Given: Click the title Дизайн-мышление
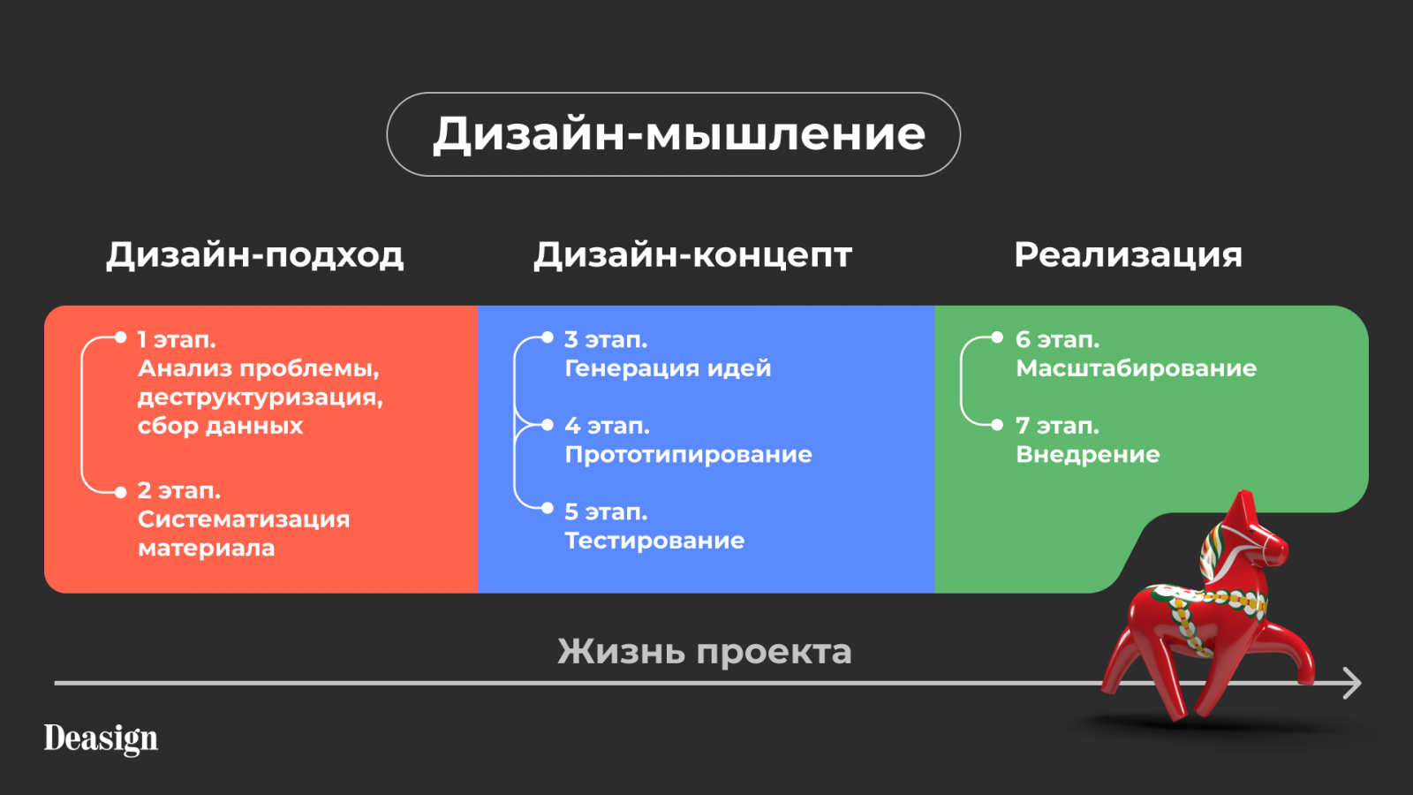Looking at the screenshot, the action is (x=679, y=134).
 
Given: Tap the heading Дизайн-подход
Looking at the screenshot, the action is (x=255, y=255).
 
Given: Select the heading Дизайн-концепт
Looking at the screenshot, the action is (x=692, y=255).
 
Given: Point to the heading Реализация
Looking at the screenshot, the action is (x=1128, y=256).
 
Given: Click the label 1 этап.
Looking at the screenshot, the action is (x=177, y=339).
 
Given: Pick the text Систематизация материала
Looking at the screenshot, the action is (x=244, y=534).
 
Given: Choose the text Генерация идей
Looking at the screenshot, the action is (x=668, y=368).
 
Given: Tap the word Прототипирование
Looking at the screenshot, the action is (x=688, y=455).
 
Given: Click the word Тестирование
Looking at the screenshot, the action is (x=654, y=541).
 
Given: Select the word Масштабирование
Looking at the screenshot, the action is (x=1136, y=368).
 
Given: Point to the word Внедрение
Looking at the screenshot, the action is (x=1087, y=455).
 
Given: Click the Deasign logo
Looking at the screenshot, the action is (x=101, y=738).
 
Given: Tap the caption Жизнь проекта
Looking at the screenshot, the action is (x=705, y=652).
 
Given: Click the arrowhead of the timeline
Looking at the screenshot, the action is (x=1352, y=684).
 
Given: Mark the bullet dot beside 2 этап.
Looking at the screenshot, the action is (x=120, y=493).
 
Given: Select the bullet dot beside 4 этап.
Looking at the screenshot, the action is (x=548, y=425).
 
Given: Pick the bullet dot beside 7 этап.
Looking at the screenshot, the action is (x=997, y=425).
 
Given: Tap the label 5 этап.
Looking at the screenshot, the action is (x=606, y=511).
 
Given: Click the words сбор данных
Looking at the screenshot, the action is (x=220, y=427).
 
